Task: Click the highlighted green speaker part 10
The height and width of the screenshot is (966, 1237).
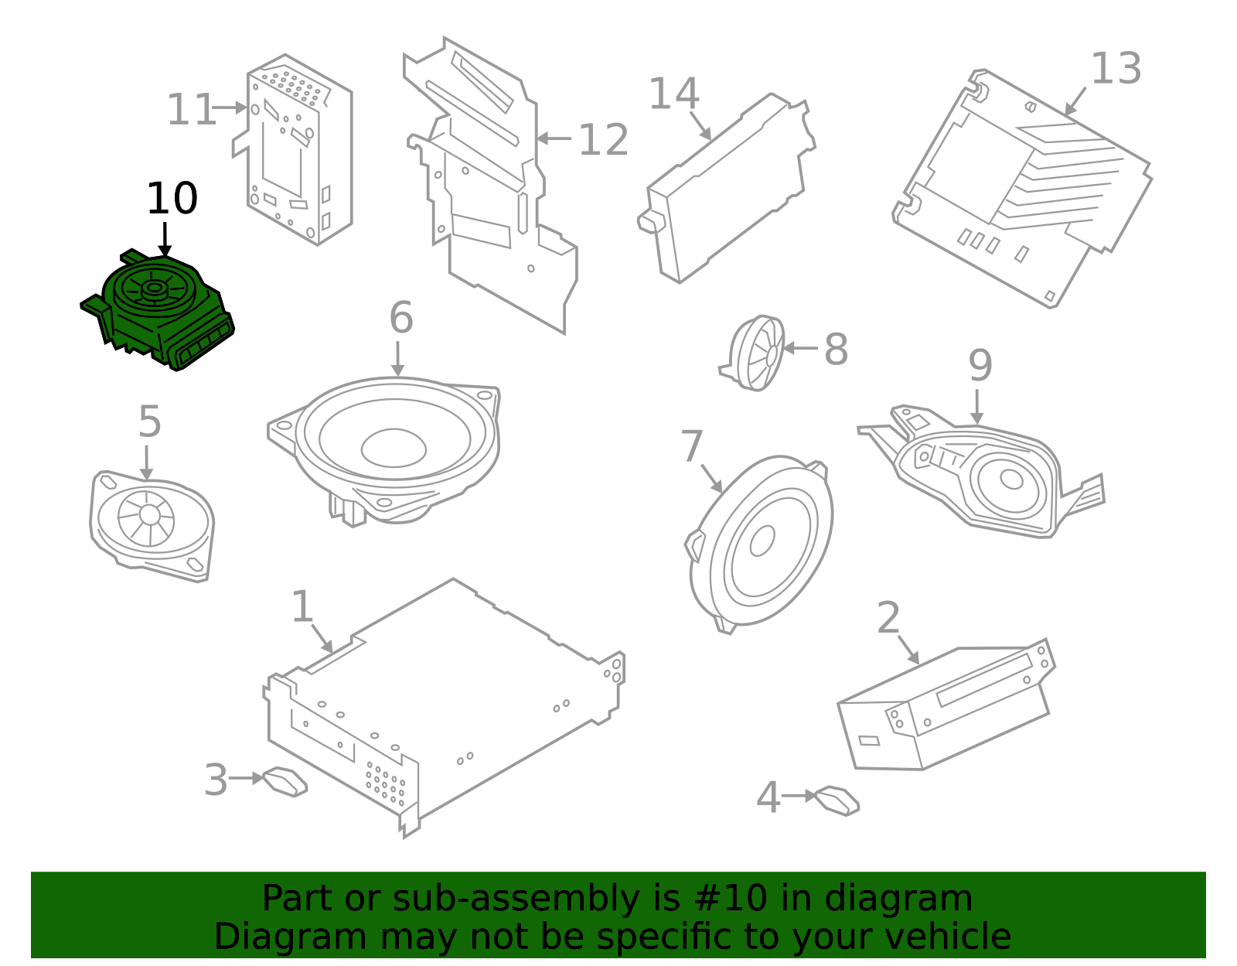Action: tap(158, 309)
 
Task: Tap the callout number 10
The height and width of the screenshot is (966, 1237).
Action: tap(172, 199)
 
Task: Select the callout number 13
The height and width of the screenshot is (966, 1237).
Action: tap(1116, 69)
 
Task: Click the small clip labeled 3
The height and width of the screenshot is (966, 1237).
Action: tap(285, 781)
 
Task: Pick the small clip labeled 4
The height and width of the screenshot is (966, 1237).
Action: tap(837, 800)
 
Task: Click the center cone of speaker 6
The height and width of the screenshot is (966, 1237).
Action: tap(394, 448)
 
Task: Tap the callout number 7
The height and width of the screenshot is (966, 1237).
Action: tap(691, 446)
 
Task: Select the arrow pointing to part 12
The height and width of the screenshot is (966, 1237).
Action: tap(554, 138)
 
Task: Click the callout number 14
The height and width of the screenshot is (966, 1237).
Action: tap(673, 94)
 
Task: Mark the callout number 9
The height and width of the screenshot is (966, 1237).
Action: tap(980, 365)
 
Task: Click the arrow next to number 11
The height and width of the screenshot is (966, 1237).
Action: tap(230, 108)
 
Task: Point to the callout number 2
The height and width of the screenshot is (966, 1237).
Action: tap(888, 618)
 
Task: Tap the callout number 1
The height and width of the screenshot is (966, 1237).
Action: tap(302, 606)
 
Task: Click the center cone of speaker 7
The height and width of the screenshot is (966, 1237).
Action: tap(762, 541)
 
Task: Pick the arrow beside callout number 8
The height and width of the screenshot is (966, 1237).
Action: tap(800, 348)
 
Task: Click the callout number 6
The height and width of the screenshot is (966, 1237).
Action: tap(400, 317)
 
